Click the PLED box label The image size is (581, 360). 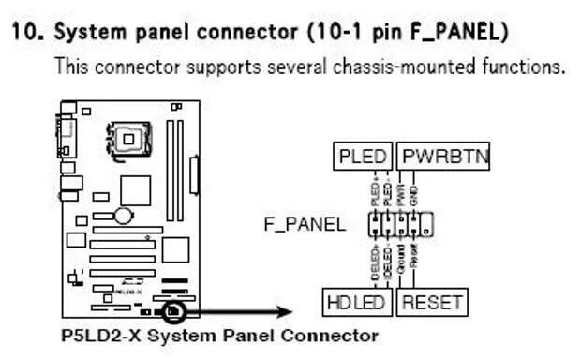coord(362,157)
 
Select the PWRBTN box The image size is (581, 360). coord(442,157)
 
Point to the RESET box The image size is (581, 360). coord(432,302)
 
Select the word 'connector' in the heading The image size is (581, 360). coord(247,33)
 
